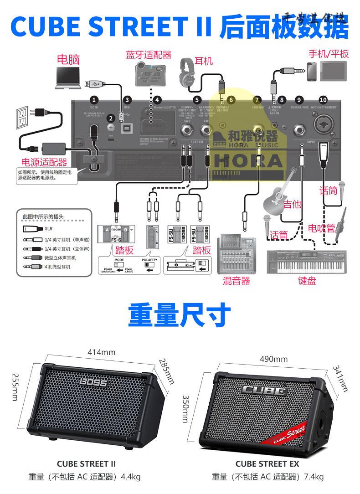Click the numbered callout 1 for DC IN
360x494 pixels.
coord(94,99)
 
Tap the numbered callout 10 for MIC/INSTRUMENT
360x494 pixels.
coord(323,99)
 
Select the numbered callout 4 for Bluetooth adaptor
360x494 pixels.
coord(157,99)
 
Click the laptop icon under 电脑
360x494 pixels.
coord(68,77)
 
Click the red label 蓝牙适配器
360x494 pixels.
coord(149,55)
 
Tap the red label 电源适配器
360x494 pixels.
coord(44,162)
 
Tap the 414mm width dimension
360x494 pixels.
coord(101,352)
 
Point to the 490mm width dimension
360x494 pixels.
coord(273,359)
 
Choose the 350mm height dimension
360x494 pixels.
coord(185,409)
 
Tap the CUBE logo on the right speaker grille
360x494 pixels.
coord(264,390)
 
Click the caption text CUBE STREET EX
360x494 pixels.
coord(267,463)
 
